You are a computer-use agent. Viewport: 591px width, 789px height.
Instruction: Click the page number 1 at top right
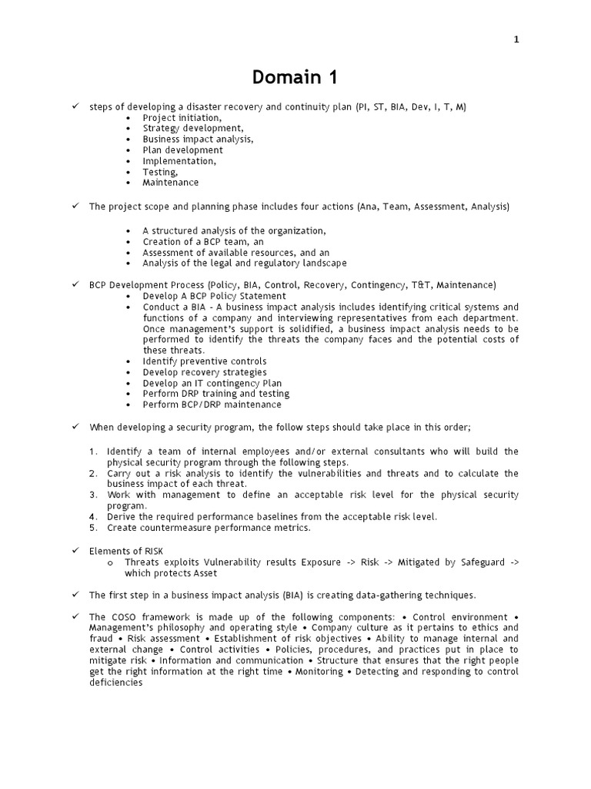tap(516, 41)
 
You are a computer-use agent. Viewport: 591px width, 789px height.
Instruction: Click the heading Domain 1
tap(295, 78)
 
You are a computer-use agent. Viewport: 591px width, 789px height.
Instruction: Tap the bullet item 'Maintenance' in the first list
tap(170, 183)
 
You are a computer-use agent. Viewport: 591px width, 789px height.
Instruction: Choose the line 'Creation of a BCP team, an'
tap(203, 242)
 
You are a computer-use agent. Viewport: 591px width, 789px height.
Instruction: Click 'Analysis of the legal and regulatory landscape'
tap(244, 264)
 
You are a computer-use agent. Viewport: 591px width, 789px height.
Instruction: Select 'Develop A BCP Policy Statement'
tap(214, 296)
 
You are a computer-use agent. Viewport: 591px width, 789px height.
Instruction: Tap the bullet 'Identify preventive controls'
tap(205, 361)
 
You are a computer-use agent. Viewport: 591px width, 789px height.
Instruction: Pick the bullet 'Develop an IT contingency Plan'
tap(212, 383)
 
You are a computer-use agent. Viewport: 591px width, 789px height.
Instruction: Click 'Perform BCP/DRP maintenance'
tap(212, 405)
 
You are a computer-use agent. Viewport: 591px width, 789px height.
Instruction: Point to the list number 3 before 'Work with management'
tap(93, 495)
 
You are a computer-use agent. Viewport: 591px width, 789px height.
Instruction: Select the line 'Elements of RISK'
tap(125, 551)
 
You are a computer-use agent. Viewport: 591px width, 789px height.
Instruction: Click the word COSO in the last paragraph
tap(124, 617)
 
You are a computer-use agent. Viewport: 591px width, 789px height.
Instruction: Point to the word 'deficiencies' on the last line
tap(116, 683)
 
